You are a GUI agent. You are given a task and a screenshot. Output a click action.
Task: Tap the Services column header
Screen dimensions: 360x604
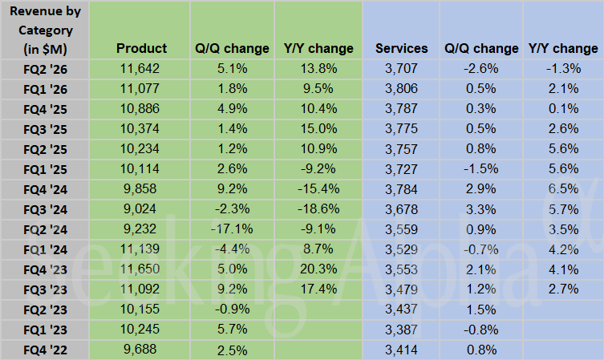(401, 48)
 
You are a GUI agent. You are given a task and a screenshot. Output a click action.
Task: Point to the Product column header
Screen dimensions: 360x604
(141, 48)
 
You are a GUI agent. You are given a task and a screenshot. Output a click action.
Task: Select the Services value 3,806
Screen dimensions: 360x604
(401, 89)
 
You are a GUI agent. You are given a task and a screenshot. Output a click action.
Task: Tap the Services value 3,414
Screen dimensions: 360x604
(401, 350)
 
